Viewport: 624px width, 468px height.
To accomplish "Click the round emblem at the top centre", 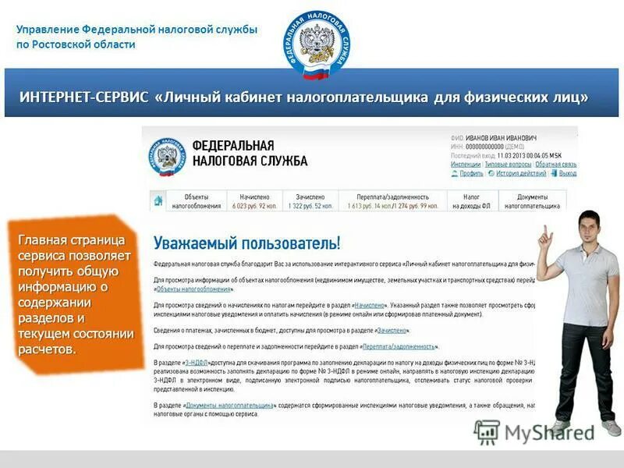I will click(316, 45).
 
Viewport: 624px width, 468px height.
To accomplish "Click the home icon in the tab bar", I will click(158, 200).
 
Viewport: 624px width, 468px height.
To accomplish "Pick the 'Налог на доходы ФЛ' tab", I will click(471, 201).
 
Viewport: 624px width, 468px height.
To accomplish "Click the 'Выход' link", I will click(567, 173).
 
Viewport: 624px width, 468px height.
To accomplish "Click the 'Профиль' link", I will click(471, 173).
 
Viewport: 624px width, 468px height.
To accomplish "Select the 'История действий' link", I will click(520, 173).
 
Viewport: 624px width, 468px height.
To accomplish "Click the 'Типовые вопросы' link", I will click(508, 165).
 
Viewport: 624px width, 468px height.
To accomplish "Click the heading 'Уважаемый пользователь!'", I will click(246, 242).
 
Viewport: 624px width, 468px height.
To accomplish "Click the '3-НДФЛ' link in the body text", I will click(197, 363).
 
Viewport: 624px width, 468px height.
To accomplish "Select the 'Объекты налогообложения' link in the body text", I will click(186, 289).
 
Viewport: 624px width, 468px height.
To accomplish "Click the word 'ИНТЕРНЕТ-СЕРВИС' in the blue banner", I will click(83, 97).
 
